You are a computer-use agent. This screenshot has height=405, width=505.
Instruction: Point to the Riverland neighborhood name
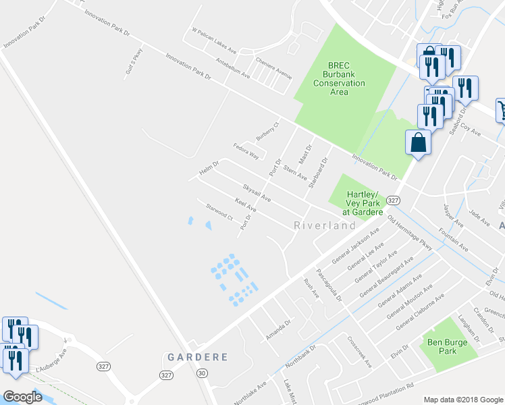point(325,225)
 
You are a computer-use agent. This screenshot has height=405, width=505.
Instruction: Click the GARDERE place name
point(198,356)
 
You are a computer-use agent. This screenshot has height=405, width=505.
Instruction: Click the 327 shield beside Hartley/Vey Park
point(394,200)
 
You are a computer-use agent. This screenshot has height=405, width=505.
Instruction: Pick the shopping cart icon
point(500,110)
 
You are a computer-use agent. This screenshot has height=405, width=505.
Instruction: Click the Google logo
point(22,396)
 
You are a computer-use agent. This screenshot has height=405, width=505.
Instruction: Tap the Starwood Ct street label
point(219,213)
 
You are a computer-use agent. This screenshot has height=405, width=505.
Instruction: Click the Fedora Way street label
point(246,151)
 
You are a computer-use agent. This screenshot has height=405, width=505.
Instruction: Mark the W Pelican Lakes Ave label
point(214,40)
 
